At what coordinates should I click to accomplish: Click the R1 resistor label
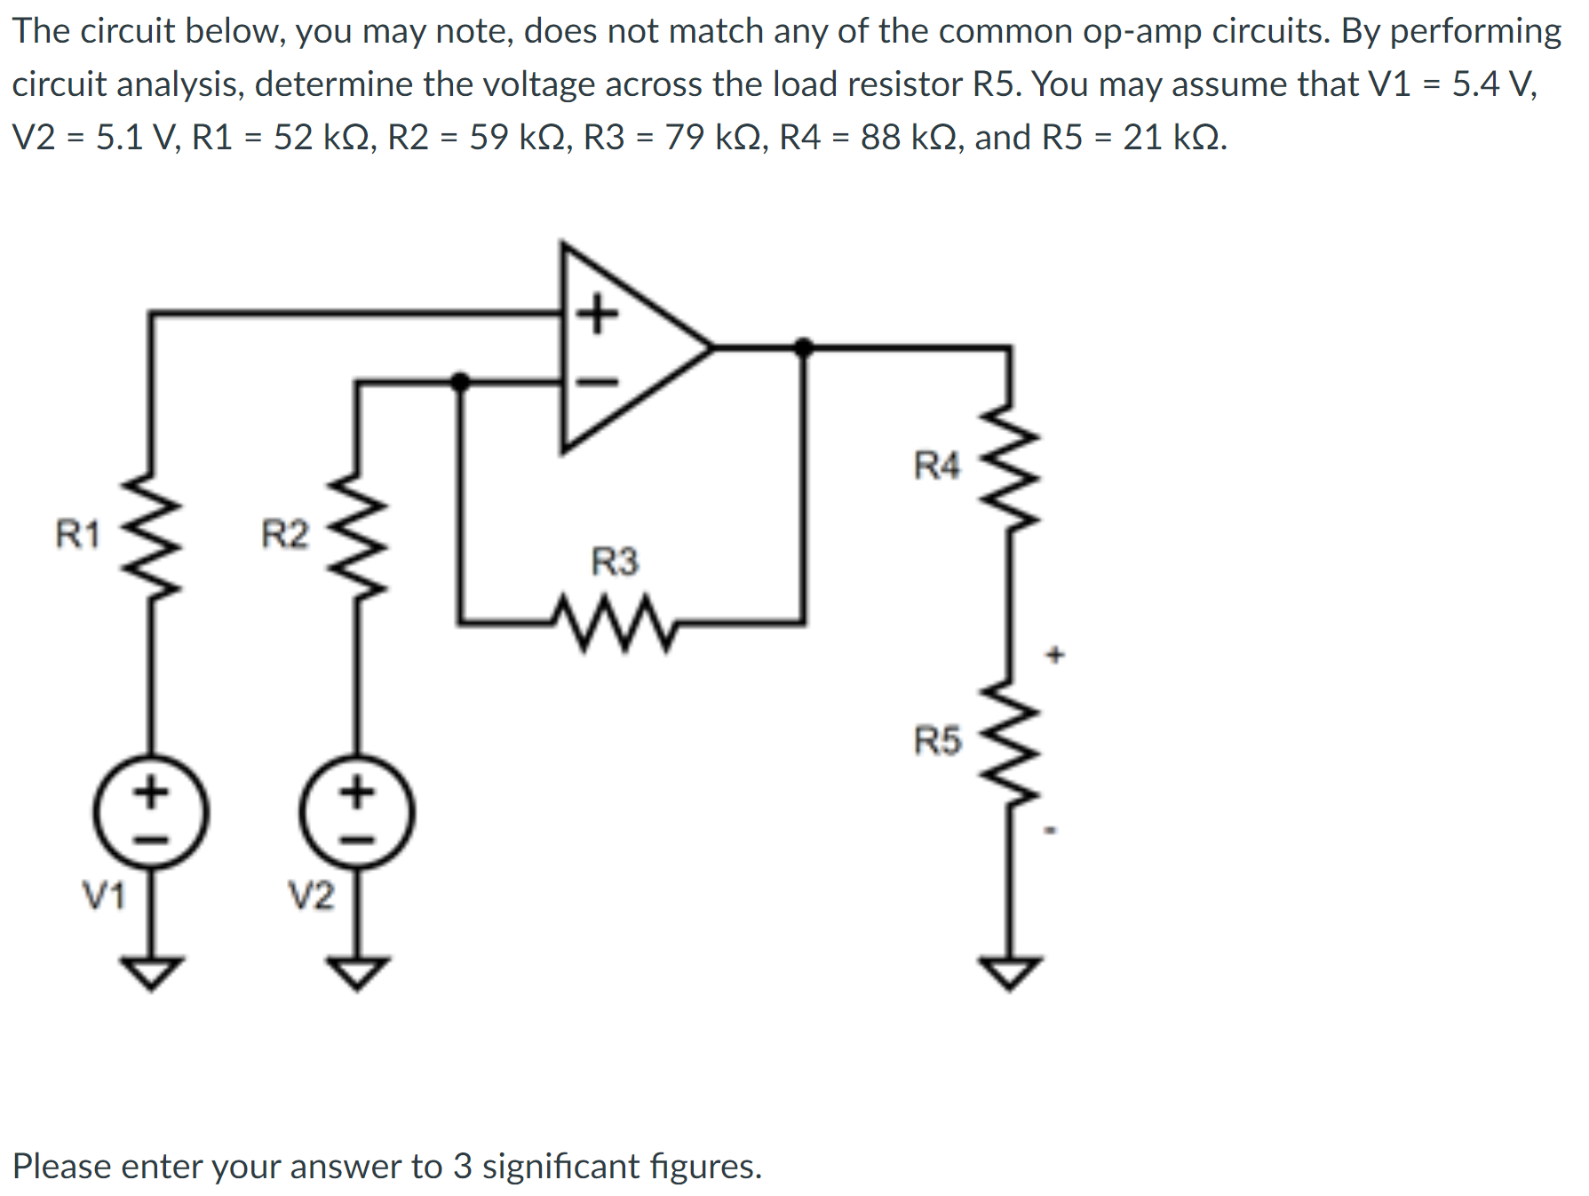tap(77, 534)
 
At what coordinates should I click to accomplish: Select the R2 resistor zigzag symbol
tap(357, 535)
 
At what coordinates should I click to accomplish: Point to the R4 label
tap(936, 465)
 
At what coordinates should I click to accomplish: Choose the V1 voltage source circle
tap(151, 813)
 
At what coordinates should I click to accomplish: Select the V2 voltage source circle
tap(357, 813)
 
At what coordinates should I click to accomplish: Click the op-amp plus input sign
tap(598, 314)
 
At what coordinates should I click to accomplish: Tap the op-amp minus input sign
tap(598, 382)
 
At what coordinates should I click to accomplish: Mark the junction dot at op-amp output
tap(804, 347)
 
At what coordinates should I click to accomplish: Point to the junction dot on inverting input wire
tap(459, 382)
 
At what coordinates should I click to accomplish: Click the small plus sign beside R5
tap(1054, 656)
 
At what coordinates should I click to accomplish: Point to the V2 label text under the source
tap(311, 896)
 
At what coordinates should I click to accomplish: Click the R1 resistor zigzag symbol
tap(152, 535)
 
